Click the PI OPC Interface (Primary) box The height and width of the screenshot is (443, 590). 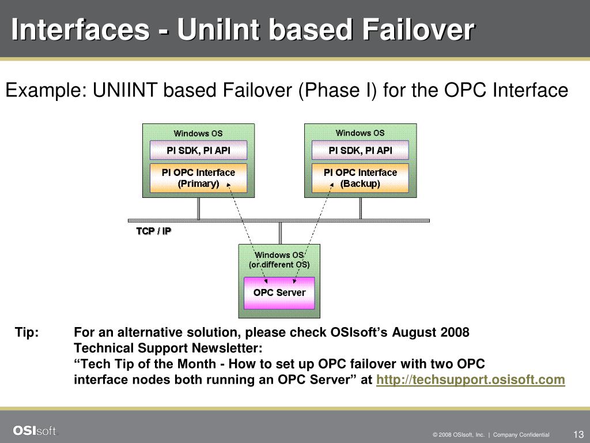[198, 178]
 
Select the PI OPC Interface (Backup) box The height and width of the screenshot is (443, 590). [360, 178]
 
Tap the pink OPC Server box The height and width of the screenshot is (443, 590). [279, 292]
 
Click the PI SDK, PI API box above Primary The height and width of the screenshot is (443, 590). [198, 151]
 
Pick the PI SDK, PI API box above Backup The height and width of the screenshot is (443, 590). [360, 151]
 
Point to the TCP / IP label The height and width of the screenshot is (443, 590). [154, 231]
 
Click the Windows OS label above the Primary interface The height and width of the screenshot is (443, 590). [198, 133]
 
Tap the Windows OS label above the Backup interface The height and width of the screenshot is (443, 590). [360, 133]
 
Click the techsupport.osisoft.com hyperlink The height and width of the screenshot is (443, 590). [470, 380]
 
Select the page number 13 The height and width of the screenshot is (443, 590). [578, 434]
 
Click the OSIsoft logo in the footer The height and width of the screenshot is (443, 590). [35, 431]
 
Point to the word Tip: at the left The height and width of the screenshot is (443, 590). [27, 333]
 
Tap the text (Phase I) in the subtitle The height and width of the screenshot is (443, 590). [336, 91]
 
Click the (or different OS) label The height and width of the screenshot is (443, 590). [279, 265]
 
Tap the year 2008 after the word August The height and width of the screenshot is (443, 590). [455, 333]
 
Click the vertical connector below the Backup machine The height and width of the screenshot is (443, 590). [361, 208]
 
